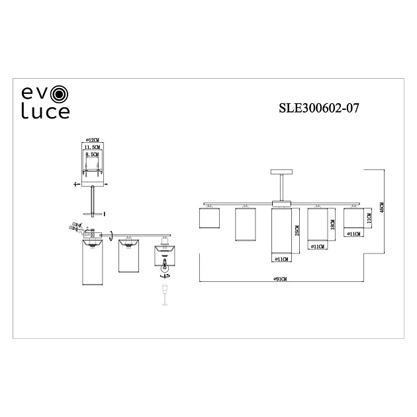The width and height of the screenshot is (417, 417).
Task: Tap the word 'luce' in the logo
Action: (46, 111)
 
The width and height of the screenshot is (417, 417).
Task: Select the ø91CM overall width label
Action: (283, 280)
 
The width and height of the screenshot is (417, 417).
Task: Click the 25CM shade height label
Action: (298, 231)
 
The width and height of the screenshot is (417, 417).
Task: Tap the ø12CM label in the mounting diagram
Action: (92, 140)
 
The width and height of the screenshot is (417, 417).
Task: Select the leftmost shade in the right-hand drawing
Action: (209, 218)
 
